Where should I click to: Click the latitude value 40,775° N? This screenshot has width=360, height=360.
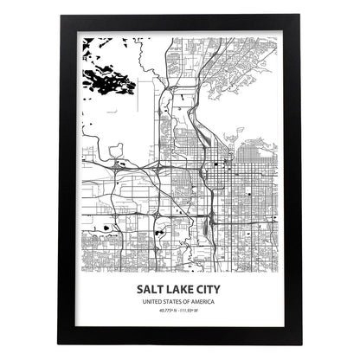165,312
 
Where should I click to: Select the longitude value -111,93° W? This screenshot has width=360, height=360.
195,312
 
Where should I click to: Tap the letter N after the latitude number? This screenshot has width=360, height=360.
177,312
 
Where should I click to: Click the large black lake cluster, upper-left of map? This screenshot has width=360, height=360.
106,83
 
